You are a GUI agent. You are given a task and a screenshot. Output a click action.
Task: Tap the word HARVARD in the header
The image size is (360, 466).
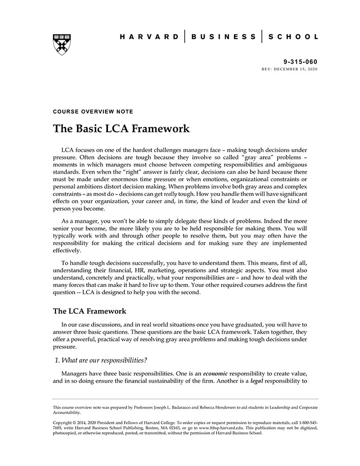point(149,37)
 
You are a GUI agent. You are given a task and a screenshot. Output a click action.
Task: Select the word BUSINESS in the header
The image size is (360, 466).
point(223,37)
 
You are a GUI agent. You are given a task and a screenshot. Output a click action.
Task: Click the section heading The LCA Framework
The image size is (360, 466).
point(89,311)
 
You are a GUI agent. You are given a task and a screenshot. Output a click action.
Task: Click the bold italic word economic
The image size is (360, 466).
point(215,373)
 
